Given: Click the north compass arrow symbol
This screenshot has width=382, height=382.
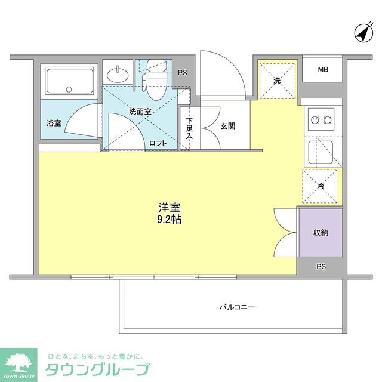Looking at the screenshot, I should coord(362,33).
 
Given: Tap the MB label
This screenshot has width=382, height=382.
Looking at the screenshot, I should coord(322,70).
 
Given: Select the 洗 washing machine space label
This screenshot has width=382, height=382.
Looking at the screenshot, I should coord(277,80).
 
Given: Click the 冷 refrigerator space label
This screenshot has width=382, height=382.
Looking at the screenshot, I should coord(320,187).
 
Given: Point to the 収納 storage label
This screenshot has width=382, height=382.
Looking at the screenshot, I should coord(321,232).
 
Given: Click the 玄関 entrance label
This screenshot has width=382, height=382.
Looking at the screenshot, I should coord(227,126).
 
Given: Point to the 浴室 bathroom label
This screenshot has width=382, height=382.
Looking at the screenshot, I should coord(54,123).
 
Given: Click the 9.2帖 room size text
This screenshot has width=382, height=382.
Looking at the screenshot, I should coord(170,220).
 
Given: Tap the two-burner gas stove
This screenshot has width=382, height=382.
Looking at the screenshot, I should coord(321,121).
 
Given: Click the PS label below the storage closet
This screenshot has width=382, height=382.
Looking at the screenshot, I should coord(321,266).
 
